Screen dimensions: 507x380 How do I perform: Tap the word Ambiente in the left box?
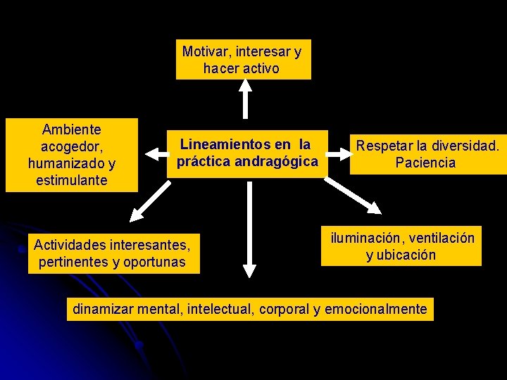tap(72, 129)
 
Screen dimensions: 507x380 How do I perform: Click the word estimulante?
tap(72, 180)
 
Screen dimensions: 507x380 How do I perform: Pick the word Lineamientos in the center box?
tap(224, 144)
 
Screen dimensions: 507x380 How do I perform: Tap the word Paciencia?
tap(425, 163)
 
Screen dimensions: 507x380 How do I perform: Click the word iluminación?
tap(366, 238)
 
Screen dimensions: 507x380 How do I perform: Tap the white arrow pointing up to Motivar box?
tap(244, 99)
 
